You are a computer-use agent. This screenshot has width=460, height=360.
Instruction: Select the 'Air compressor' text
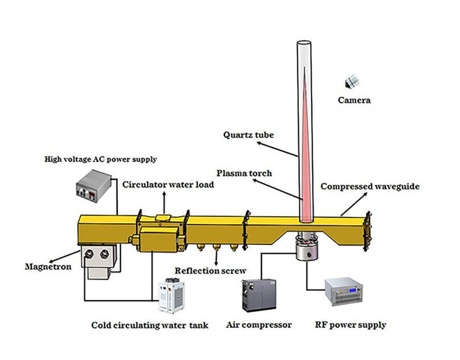click(259, 324)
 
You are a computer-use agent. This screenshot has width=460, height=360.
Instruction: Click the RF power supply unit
click(355, 293)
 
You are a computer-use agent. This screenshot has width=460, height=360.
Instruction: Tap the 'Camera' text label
click(354, 100)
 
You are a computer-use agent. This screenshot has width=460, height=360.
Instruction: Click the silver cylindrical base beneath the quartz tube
click(306, 250)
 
